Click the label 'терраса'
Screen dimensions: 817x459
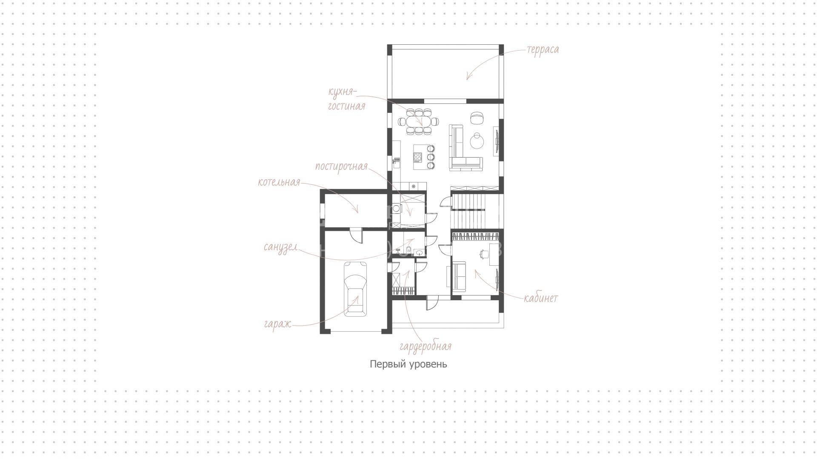pyautogui.click(x=543, y=50)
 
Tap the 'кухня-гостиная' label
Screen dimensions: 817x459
pyautogui.click(x=346, y=99)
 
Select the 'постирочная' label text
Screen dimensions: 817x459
pyautogui.click(x=341, y=166)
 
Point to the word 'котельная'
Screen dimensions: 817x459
pyautogui.click(x=279, y=182)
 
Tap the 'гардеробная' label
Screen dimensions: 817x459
pyautogui.click(x=426, y=346)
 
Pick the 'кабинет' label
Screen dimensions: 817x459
pyautogui.click(x=540, y=298)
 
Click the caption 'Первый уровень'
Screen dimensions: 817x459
pyautogui.click(x=408, y=364)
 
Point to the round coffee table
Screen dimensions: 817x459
pyautogui.click(x=477, y=141)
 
